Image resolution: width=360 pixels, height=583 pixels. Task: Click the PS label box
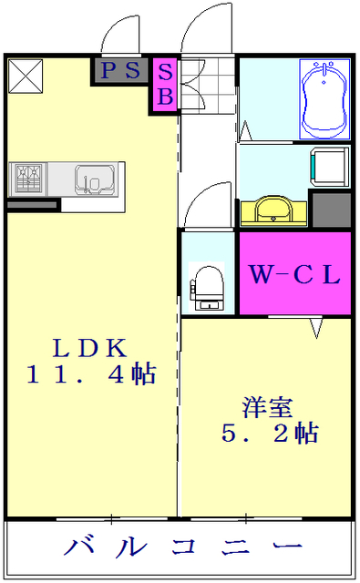[x=120, y=71]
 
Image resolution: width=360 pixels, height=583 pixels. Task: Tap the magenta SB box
[x=166, y=84]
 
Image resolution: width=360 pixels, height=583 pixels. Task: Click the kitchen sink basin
[x=92, y=180]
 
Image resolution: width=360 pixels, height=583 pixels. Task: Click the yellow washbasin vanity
[x=273, y=210]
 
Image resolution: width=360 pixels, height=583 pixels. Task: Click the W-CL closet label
[x=294, y=274]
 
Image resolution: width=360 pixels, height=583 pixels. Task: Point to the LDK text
[x=88, y=347]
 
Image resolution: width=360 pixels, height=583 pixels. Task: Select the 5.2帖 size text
[x=268, y=434]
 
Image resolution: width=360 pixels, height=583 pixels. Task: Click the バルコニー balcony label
[x=182, y=547]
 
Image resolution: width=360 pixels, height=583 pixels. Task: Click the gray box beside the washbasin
[x=332, y=210]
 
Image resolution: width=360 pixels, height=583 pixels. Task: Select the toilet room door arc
[x=205, y=205]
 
